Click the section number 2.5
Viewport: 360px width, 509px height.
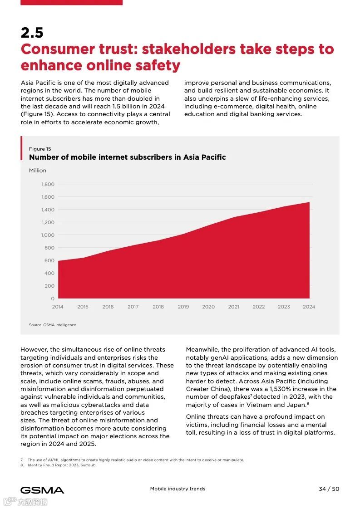tap(32, 33)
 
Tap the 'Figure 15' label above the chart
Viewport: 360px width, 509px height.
tap(40, 149)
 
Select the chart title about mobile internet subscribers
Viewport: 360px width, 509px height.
tap(127, 157)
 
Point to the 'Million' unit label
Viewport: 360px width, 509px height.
tap(38, 171)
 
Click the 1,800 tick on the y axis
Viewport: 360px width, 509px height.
tap(48, 184)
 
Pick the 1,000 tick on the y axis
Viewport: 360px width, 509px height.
tap(48, 235)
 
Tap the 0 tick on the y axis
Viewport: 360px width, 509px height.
tap(53, 299)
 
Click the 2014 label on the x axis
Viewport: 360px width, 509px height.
tap(58, 307)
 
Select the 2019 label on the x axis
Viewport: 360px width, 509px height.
tap(183, 307)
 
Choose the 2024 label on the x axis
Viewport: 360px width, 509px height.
tap(309, 307)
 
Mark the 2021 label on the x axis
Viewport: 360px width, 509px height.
tap(233, 307)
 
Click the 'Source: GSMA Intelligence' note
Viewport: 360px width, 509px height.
tap(53, 325)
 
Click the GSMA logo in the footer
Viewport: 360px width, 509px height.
tap(42, 490)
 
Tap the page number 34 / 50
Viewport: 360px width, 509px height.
tap(329, 489)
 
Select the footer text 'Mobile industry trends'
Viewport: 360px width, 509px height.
tap(178, 489)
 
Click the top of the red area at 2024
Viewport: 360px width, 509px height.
tap(309, 203)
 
